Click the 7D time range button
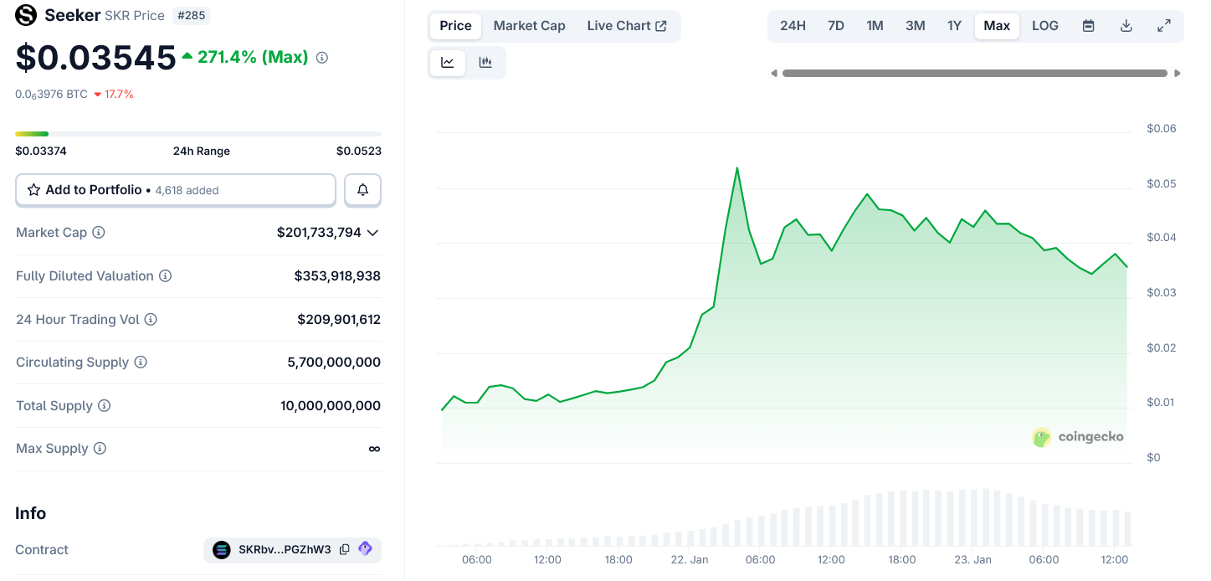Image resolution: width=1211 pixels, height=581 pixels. [x=835, y=26]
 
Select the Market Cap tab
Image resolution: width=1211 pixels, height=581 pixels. [x=529, y=26]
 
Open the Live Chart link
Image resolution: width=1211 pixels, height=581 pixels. [x=626, y=26]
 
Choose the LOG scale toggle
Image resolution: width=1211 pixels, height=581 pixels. [x=1044, y=26]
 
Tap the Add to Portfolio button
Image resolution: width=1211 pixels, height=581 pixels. [x=176, y=190]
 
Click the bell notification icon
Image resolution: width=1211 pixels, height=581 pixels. [x=362, y=190]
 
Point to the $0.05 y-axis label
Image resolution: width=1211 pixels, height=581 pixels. [x=1161, y=183]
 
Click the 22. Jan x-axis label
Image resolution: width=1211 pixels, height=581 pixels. [x=689, y=559]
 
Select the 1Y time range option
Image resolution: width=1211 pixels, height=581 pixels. [x=954, y=26]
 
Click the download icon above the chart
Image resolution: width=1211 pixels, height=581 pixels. [x=1126, y=26]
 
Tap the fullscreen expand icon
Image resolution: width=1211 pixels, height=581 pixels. [x=1163, y=26]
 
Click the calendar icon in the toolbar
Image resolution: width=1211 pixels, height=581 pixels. [x=1088, y=26]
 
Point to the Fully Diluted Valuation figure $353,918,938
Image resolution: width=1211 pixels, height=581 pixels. [x=337, y=276]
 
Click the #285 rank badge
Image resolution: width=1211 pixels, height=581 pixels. [x=191, y=15]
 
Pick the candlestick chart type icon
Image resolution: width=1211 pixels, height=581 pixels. [x=485, y=63]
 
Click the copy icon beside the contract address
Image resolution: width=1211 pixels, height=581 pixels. [x=345, y=550]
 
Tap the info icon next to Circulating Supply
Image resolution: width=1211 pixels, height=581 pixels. [x=141, y=362]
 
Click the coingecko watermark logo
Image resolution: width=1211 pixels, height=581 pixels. [x=1078, y=437]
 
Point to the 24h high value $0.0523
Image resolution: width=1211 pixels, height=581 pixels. [x=358, y=152]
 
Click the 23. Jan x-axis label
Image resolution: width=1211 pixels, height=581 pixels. [x=972, y=559]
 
